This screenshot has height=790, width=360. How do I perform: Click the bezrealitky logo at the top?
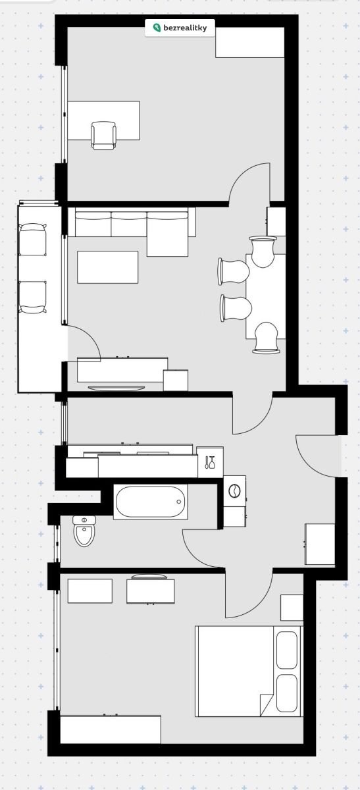click(x=180, y=28)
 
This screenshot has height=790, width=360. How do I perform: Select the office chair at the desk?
click(x=103, y=136)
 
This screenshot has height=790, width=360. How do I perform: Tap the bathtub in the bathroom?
click(x=151, y=502)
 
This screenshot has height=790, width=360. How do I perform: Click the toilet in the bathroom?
click(x=84, y=531)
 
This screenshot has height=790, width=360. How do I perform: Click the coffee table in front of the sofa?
click(x=107, y=267)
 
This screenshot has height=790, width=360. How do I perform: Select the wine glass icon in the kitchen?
click(x=210, y=462)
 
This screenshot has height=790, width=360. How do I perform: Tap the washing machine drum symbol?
click(x=234, y=491)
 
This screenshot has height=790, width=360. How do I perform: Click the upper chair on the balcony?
click(x=32, y=240)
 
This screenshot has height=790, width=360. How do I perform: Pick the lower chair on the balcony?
click(x=32, y=297)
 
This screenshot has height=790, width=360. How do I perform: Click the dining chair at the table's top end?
click(x=263, y=251)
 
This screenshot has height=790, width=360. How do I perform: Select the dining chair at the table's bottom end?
click(x=267, y=338)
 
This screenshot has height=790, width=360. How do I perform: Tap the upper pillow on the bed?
click(x=287, y=650)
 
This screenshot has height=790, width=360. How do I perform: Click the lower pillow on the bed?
click(x=287, y=693)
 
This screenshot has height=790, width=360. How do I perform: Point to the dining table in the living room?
click(x=266, y=296)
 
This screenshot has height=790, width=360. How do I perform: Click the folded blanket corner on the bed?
click(x=266, y=704)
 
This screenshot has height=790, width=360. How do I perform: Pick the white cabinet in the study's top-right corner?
click(x=250, y=42)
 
